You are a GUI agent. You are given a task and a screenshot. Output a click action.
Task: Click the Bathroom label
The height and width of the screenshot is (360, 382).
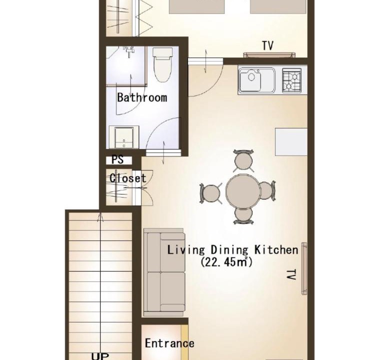click(142, 97)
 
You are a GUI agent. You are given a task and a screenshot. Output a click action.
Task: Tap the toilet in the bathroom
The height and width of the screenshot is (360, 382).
click(162, 64)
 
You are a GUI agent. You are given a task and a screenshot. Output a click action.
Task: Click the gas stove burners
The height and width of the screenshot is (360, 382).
click(291, 80)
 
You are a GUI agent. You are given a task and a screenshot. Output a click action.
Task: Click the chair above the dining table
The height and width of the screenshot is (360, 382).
click(243, 160)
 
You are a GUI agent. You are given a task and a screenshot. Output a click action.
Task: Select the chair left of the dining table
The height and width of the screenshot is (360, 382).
click(210, 193)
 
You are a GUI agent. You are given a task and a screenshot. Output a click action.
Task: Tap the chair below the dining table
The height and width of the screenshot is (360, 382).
click(243, 215)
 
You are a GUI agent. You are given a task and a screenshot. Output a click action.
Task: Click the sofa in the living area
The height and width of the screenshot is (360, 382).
click(164, 272)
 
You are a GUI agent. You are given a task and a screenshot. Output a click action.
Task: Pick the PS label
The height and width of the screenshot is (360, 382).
click(117, 160)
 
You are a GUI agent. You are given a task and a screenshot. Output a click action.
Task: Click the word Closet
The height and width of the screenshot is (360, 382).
click(128, 178)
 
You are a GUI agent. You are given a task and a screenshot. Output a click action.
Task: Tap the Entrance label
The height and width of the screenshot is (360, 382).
click(169, 343)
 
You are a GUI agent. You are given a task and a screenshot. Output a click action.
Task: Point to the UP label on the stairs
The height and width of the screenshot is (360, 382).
click(100, 356)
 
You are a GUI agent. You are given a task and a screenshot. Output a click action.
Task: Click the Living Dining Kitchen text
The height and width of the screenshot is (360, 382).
click(232, 250)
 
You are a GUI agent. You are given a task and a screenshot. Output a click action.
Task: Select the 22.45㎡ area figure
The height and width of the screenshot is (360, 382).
click(226, 262)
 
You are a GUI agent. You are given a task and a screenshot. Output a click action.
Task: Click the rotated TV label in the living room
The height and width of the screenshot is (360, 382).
click(291, 275)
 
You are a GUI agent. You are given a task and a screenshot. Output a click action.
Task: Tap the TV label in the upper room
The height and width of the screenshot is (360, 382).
click(267, 45)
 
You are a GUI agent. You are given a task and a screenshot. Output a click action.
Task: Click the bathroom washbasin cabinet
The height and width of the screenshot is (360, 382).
click(124, 137)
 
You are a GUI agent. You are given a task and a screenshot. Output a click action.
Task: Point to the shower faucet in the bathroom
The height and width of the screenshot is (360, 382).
click(128, 51)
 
